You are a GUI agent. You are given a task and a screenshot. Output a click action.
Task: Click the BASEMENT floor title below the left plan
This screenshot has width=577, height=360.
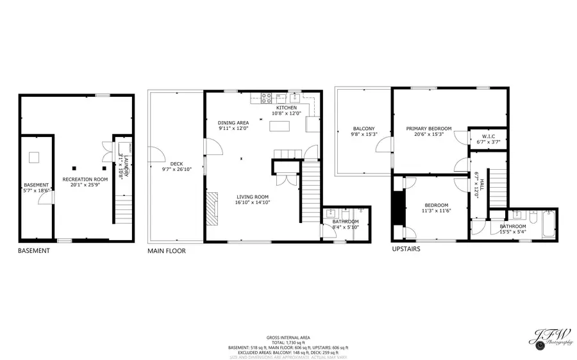pos(33,251)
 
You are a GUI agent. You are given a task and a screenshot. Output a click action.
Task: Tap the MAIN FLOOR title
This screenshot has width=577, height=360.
pos(167,251)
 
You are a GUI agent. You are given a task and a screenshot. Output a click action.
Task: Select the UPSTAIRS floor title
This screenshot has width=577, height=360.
pos(406,249)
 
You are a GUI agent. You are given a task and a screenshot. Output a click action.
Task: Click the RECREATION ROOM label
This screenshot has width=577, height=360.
pos(85,179)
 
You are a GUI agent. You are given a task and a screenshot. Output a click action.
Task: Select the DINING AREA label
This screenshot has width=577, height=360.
pos(233,122)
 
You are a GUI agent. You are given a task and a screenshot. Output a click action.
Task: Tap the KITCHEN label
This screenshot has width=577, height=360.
pos(287,108)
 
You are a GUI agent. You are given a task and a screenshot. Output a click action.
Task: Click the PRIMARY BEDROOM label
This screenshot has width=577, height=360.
pos(429,129)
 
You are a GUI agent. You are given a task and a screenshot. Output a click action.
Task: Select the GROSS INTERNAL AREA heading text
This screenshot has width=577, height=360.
pos(288,337)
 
